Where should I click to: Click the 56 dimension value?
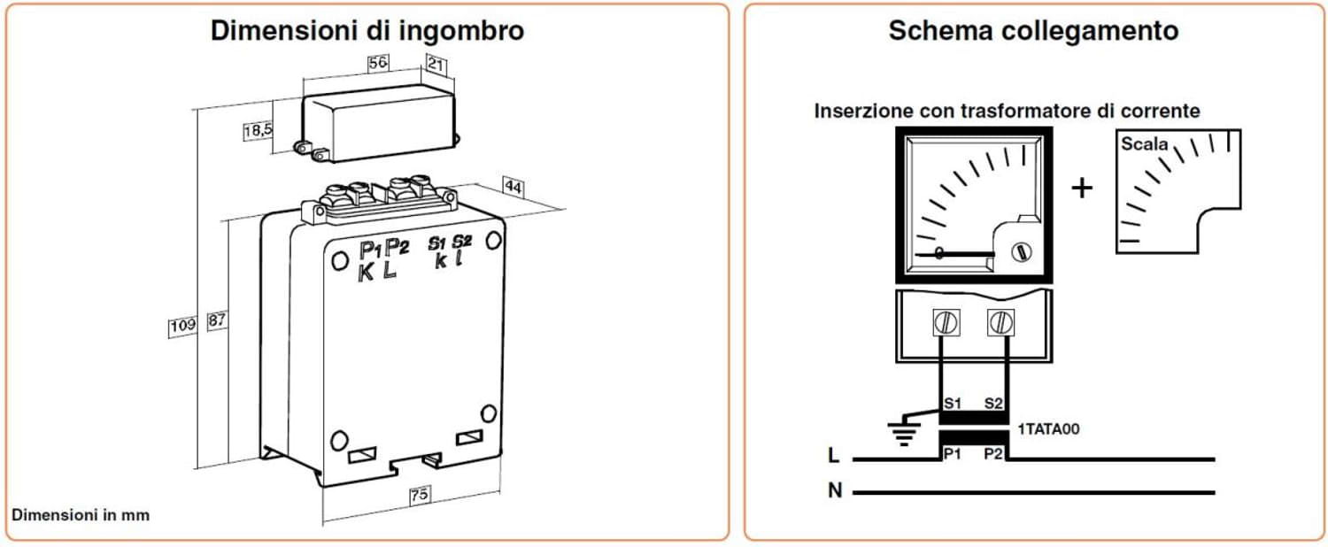(378, 63)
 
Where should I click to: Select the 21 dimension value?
(436, 63)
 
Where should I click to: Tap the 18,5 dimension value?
(259, 131)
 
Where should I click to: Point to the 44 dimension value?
(513, 186)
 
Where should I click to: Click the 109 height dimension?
(182, 326)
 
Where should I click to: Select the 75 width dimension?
(420, 496)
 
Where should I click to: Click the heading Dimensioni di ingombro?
(367, 30)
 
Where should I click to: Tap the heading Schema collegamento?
(1033, 30)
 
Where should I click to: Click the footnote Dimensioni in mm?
(81, 515)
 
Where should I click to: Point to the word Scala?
(1145, 143)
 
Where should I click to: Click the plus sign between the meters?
(1082, 188)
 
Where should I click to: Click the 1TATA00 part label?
(1048, 429)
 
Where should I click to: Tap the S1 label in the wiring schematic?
(952, 404)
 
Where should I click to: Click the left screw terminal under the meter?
(946, 323)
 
